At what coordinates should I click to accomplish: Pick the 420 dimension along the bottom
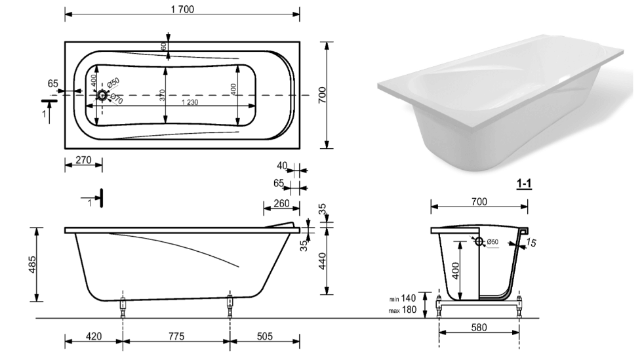pos(93,336)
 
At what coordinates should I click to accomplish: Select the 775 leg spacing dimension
pos(175,336)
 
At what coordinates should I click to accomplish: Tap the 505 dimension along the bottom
pos(264,336)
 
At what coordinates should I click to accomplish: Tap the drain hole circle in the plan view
pos(102,96)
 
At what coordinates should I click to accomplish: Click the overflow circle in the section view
pos(479,242)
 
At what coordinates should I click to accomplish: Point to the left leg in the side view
pos(122,307)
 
